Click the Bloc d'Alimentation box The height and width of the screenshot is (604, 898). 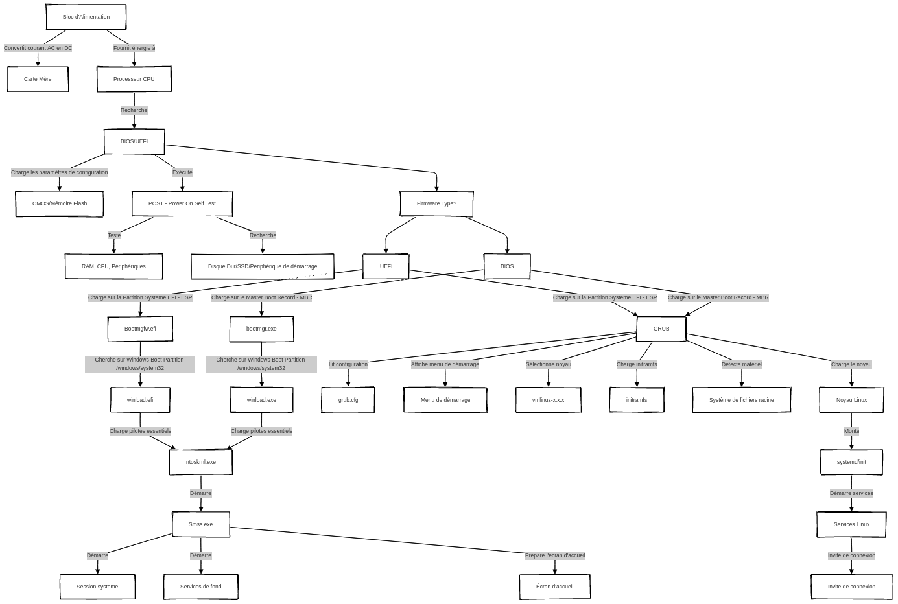click(86, 17)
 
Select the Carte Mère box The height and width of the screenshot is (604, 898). click(38, 79)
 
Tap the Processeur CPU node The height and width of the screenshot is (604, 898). click(134, 79)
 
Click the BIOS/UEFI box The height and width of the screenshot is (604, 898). click(134, 141)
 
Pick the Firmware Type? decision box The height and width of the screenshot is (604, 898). click(436, 203)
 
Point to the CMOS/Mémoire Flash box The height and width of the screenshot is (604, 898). click(60, 203)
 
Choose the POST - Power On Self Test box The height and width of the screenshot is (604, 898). click(182, 203)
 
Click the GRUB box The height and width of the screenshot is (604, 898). click(661, 329)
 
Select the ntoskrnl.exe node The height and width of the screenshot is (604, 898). click(201, 462)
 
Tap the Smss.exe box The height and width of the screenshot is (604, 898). click(201, 524)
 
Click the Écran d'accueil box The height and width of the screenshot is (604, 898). click(555, 587)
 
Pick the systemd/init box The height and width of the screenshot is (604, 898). click(851, 462)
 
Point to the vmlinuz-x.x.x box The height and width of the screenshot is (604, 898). click(549, 400)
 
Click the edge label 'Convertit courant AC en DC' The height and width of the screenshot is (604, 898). click(38, 48)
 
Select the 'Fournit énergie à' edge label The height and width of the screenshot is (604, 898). click(134, 48)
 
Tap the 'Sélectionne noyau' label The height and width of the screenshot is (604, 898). click(549, 364)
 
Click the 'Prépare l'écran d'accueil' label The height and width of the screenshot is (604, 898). click(555, 555)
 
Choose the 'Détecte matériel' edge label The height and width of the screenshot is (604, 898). click(742, 364)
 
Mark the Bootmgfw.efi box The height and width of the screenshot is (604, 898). click(140, 329)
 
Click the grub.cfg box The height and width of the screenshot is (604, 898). click(348, 400)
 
